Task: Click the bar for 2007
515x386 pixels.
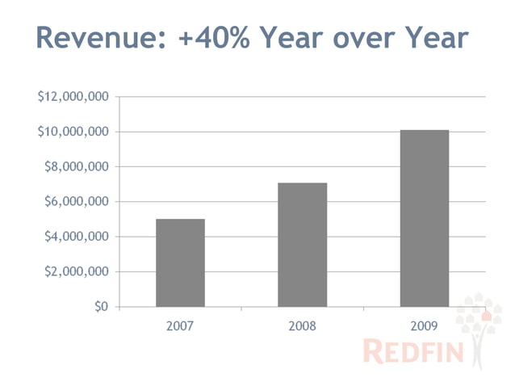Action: click(181, 262)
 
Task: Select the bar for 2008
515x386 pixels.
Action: click(303, 245)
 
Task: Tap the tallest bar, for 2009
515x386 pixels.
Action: click(424, 218)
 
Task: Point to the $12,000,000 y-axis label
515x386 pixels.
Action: click(73, 97)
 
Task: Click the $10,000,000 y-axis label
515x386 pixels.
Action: click(73, 132)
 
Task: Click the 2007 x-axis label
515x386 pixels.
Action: click(181, 326)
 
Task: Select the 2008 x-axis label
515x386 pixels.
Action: click(303, 326)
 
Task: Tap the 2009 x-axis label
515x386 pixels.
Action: click(424, 326)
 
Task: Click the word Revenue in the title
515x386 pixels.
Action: click(97, 37)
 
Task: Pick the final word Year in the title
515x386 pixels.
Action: click(427, 37)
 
